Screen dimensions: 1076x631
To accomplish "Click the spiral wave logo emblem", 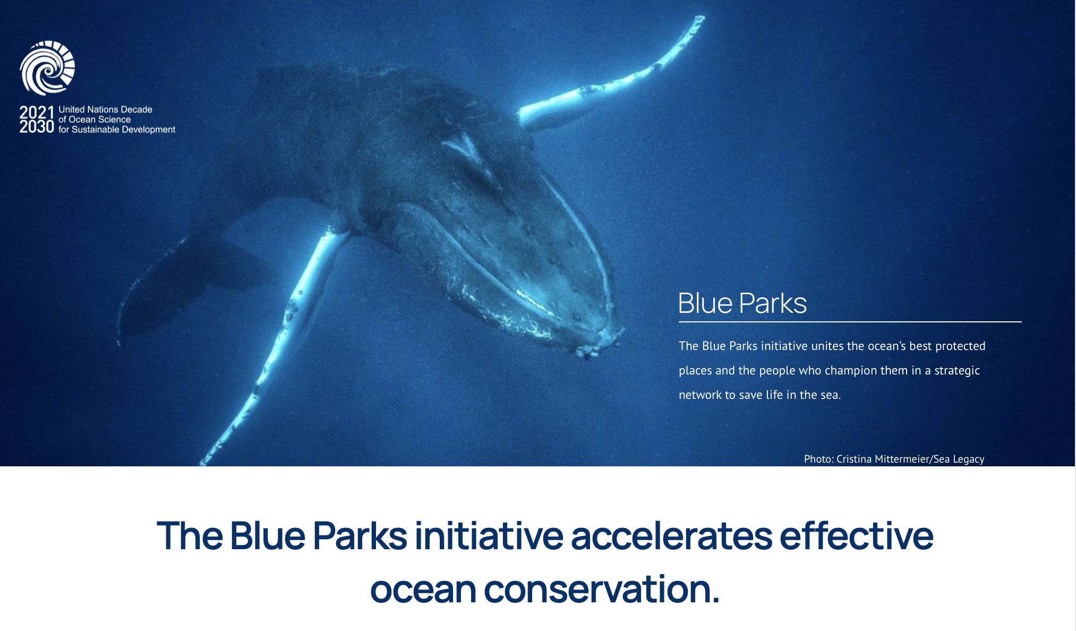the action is click(47, 68).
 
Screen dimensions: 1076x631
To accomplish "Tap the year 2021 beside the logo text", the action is click(37, 113).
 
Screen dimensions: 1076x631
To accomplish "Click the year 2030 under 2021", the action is click(37, 126).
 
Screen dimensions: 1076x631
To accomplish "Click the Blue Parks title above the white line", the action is click(742, 303).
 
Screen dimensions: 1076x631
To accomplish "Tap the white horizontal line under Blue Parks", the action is click(850, 321).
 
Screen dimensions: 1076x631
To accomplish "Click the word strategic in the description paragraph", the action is click(957, 370).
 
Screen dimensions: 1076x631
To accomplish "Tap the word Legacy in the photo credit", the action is click(969, 459).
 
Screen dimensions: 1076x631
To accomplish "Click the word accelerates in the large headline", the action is click(671, 535).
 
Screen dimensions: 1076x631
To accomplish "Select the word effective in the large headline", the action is click(856, 535).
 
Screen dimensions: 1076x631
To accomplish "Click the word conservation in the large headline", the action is click(602, 589).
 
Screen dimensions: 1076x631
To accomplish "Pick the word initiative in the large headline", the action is click(489, 535).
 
